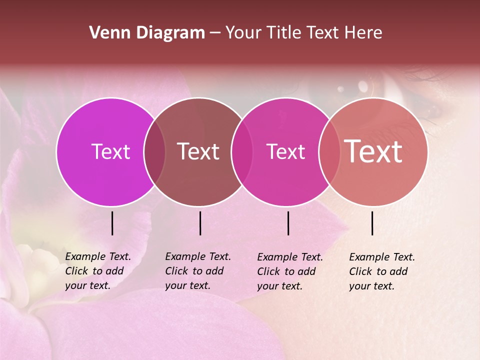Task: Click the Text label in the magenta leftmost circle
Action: tap(110, 151)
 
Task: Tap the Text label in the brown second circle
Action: tap(198, 151)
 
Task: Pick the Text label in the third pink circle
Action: tap(285, 151)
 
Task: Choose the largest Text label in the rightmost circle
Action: tap(373, 151)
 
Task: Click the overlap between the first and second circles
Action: tap(154, 151)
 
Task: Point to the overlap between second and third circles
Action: tap(242, 151)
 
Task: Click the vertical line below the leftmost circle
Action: tap(112, 223)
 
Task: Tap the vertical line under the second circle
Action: tap(200, 223)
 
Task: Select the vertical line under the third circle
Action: tap(288, 223)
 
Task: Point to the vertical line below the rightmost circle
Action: tap(372, 223)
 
